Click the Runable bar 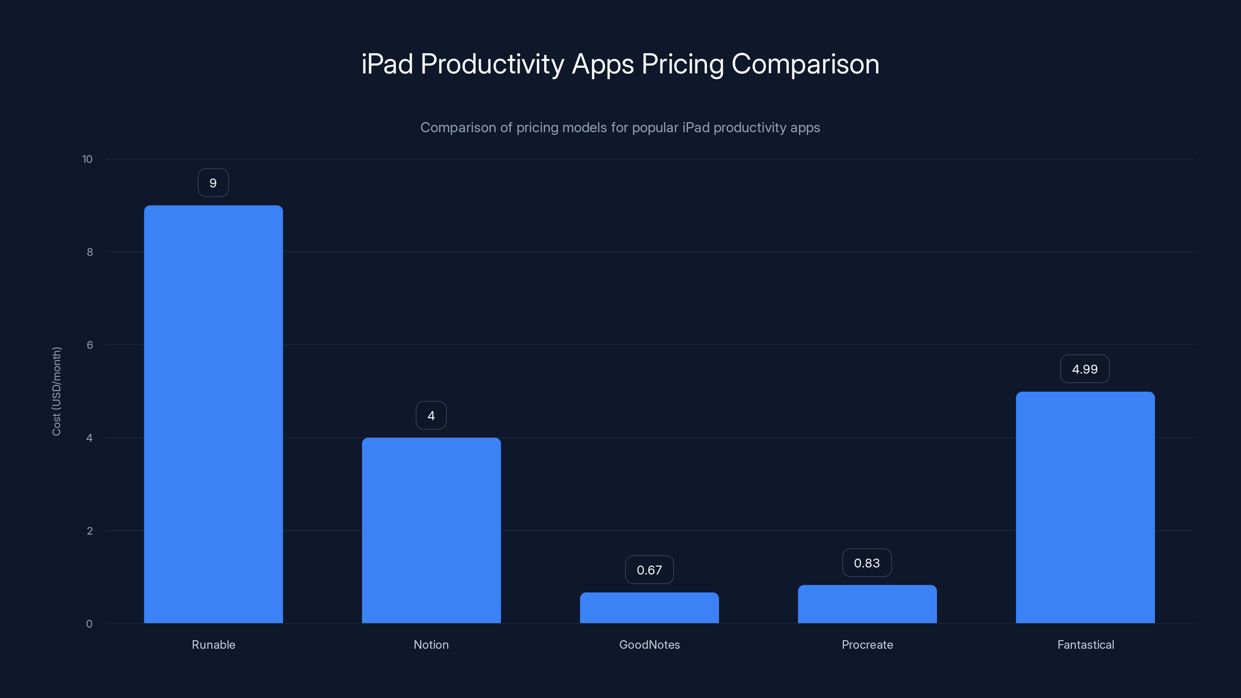(x=213, y=414)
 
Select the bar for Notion (x=431, y=530)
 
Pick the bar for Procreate (x=867, y=604)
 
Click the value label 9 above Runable (x=213, y=183)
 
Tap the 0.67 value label (x=649, y=570)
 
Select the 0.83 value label (x=867, y=563)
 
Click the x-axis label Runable (x=213, y=644)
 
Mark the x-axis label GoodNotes (x=650, y=644)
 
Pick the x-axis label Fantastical (x=1085, y=644)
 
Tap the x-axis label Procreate (x=867, y=644)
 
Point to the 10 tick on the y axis (x=87, y=159)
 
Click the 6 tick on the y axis (x=90, y=345)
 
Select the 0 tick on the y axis (x=89, y=624)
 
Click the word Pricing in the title (x=682, y=64)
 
